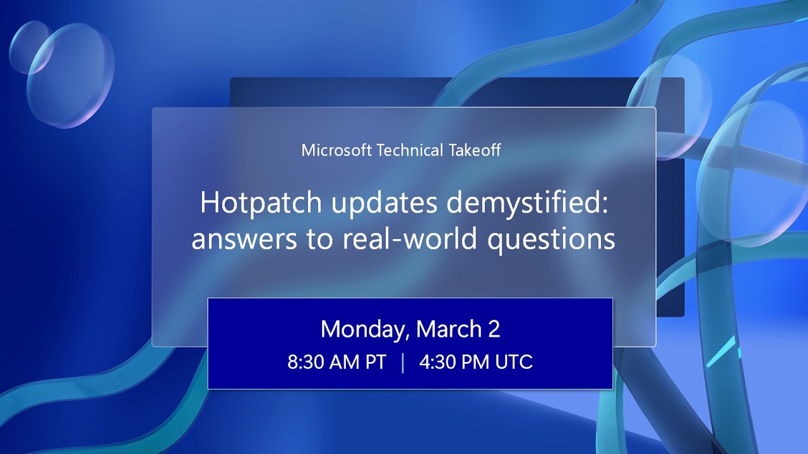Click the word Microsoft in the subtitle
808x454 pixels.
tap(336, 150)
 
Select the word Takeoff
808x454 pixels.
tap(480, 150)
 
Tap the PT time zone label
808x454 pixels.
tap(374, 363)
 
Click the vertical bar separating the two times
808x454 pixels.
tap(403, 363)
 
